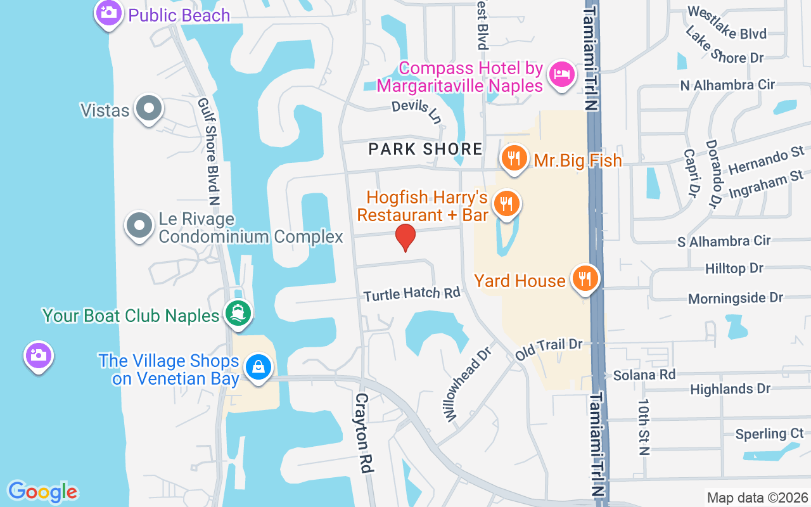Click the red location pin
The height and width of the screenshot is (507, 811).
click(405, 237)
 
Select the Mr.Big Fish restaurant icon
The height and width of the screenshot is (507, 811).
click(514, 158)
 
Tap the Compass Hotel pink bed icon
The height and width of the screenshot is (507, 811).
click(562, 74)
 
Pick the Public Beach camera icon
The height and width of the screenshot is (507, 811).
click(109, 13)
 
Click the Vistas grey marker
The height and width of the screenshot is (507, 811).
click(149, 108)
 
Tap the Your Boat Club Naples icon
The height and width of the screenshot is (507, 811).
click(238, 313)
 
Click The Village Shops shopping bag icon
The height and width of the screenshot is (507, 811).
click(259, 368)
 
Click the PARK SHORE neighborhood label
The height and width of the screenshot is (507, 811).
click(426, 150)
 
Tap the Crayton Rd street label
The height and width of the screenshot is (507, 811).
click(363, 433)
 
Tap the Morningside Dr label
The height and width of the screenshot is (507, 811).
click(736, 298)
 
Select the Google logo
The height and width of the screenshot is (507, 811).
click(42, 492)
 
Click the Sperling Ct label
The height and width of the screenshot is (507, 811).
click(769, 434)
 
